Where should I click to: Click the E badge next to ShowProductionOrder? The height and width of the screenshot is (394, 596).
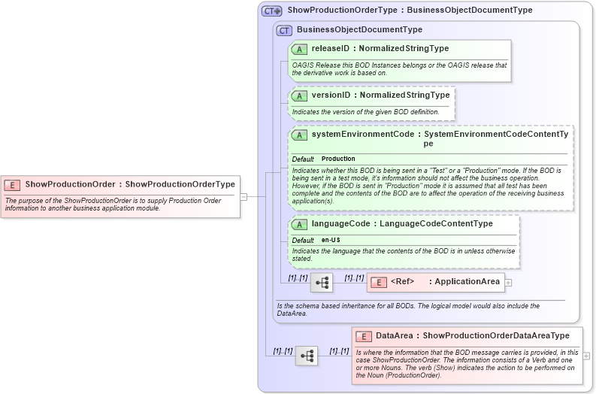point(13,184)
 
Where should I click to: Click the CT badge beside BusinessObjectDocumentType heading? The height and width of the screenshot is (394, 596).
point(284,30)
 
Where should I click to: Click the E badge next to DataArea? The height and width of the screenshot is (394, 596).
point(364,336)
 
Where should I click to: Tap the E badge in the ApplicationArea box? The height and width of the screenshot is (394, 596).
point(379,282)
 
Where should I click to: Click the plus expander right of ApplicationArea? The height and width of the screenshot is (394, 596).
point(509,283)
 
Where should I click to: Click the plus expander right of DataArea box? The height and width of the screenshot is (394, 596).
point(586,356)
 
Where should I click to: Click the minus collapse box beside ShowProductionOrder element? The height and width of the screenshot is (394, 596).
point(244,197)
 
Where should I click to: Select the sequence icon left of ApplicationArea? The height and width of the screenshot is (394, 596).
point(322,283)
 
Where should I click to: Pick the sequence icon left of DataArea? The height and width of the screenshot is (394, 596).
point(307,356)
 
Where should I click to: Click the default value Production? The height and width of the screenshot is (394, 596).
point(338,159)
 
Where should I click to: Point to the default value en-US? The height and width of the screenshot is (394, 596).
point(331,240)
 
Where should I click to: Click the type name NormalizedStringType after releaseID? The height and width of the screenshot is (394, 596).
point(404,49)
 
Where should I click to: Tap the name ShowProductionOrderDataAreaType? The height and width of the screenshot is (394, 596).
point(496,336)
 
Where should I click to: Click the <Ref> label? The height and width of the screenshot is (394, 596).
point(402,282)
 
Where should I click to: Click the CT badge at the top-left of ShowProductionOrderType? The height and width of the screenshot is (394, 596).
point(272,11)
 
